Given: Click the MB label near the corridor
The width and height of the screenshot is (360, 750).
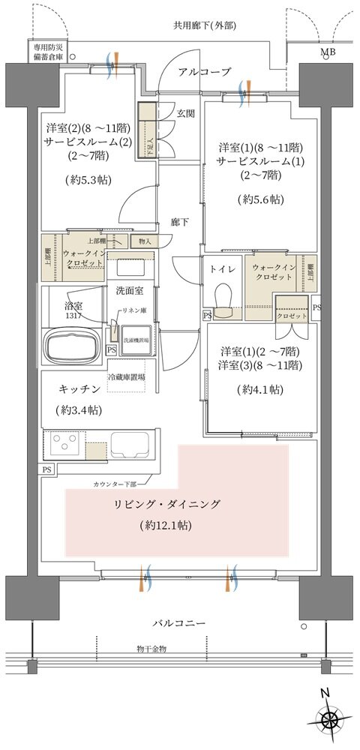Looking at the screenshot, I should [x=328, y=52].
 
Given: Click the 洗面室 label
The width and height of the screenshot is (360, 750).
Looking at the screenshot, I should [x=130, y=289].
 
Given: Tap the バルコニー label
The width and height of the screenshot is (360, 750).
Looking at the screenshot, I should [x=178, y=622].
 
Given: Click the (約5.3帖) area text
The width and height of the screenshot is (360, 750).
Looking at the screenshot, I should [x=82, y=179].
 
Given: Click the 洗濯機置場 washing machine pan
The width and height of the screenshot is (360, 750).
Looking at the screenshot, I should [x=137, y=338].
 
